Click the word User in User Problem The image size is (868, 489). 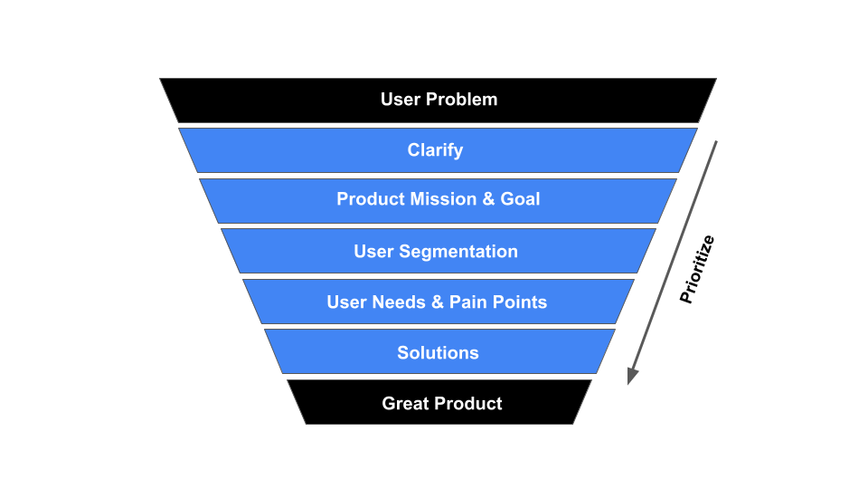pos(400,100)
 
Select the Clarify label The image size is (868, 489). pos(435,150)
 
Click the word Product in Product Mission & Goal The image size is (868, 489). pos(371,199)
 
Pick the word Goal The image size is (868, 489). pos(520,199)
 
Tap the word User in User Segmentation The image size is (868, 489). pos(373,252)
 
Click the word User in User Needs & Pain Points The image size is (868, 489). pos(345,302)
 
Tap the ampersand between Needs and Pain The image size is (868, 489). pos(437,302)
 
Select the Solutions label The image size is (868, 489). pos(438,353)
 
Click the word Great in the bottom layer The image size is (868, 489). pos(404,404)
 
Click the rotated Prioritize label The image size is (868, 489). pos(697,269)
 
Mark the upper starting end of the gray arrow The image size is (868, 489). pos(716,142)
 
